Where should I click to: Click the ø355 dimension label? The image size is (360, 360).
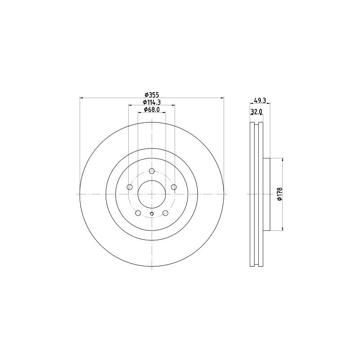pyautogui.click(x=152, y=94)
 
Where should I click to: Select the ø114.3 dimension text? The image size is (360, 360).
pyautogui.click(x=152, y=102)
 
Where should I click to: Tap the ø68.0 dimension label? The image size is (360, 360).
pyautogui.click(x=152, y=109)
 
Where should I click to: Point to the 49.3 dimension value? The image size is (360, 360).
pyautogui.click(x=260, y=100)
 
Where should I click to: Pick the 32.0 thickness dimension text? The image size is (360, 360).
pyautogui.click(x=256, y=112)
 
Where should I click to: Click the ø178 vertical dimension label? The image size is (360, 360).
pyautogui.click(x=279, y=194)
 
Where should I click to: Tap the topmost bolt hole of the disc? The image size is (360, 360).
pyautogui.click(x=152, y=171)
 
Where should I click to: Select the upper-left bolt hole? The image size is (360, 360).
pyautogui.click(x=130, y=187)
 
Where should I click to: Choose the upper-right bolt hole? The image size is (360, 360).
pyautogui.click(x=174, y=187)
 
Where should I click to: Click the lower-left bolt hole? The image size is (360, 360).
pyautogui.click(x=138, y=213)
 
